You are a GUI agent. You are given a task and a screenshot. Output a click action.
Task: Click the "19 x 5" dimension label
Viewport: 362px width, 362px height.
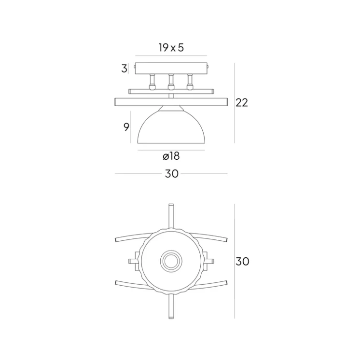pyautogui.click(x=171, y=48)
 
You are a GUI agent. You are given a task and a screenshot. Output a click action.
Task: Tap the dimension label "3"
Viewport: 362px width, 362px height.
pyautogui.click(x=124, y=69)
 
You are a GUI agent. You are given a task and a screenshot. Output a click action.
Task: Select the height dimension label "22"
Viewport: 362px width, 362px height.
pyautogui.click(x=242, y=102)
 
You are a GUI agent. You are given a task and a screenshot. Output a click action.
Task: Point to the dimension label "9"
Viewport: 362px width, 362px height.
pyautogui.click(x=126, y=127)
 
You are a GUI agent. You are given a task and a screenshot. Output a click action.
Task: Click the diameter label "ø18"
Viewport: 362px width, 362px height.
pyautogui.click(x=171, y=156)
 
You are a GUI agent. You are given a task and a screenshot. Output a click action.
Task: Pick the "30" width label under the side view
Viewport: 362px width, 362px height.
pyautogui.click(x=171, y=174)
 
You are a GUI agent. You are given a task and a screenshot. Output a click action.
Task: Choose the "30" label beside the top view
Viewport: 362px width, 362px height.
pyautogui.click(x=242, y=262)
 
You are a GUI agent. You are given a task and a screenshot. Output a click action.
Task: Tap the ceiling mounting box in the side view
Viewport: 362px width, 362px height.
pyautogui.click(x=171, y=69)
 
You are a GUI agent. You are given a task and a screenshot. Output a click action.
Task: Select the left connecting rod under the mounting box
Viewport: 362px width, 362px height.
pyautogui.click(x=152, y=82)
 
